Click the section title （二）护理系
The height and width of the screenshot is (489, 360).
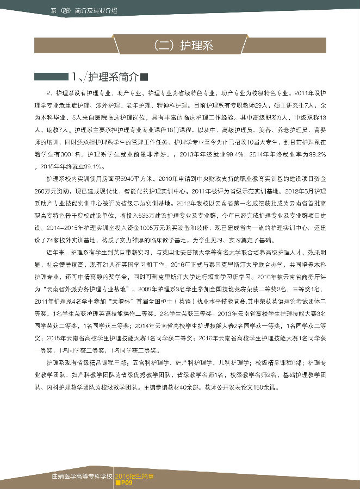pos(179,46)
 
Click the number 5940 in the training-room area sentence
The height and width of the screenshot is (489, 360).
pos(140,178)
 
